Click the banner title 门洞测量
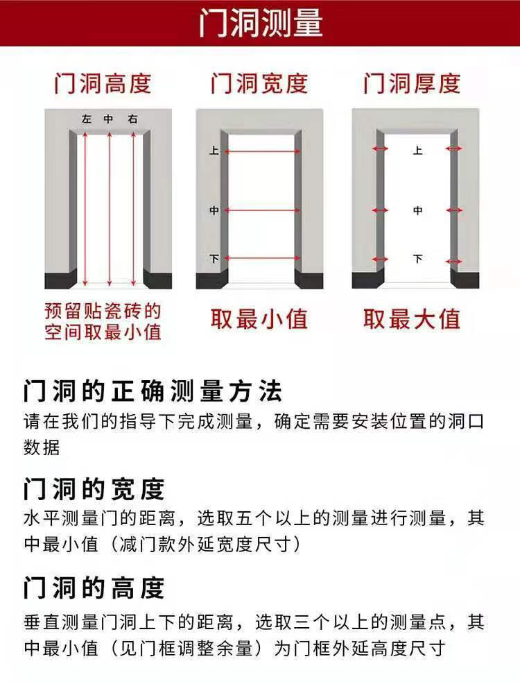260,23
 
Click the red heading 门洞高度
103,84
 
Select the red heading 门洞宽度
259,84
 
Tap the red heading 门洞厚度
412,84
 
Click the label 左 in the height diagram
86,120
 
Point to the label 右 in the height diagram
132,120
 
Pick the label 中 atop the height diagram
109,120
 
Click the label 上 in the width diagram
214,150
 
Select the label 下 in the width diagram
214,259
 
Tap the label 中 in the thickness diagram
417,210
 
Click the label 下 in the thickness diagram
417,259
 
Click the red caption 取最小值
259,319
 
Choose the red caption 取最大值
412,319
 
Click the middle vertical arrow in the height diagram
109,208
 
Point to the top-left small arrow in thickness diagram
379,149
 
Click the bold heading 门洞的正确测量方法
153,392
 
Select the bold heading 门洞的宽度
94,489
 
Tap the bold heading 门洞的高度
94,588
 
